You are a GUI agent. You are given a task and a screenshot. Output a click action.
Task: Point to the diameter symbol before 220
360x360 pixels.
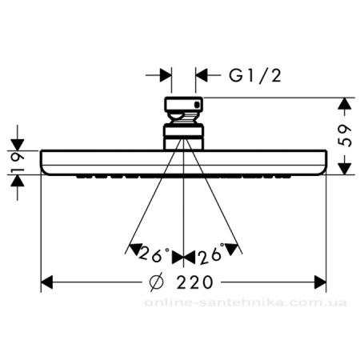tap(158, 282)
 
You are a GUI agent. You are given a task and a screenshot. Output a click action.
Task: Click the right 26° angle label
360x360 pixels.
tap(211, 256)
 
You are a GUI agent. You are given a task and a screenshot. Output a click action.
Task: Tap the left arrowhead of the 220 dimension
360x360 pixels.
tap(48, 282)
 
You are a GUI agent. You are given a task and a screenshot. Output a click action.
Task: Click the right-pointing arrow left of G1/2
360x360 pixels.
tap(165, 75)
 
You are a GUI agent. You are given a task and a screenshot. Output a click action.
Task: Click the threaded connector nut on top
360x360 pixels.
tap(184, 107)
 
